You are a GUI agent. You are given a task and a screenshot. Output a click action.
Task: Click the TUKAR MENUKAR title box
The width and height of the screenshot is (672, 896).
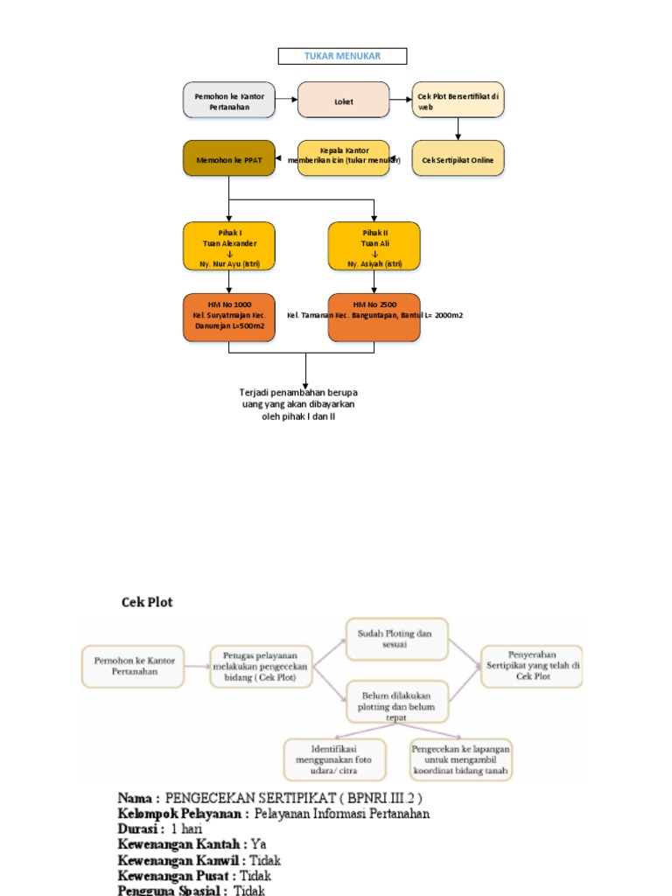point(342,57)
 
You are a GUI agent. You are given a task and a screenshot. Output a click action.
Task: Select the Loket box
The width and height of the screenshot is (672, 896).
point(343,100)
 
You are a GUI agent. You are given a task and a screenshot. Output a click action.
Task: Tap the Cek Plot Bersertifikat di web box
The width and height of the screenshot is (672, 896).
point(458,100)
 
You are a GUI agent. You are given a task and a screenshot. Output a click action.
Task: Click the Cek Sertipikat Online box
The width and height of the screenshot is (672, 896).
point(458,158)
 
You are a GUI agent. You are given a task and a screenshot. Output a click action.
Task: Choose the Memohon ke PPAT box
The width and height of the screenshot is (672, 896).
point(228,158)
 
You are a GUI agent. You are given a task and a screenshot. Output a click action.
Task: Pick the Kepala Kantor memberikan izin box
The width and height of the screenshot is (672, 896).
point(343,158)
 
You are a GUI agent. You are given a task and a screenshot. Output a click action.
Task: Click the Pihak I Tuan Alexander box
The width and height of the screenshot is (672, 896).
point(228,246)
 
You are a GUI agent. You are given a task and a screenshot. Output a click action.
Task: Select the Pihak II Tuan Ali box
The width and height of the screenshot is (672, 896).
point(374,246)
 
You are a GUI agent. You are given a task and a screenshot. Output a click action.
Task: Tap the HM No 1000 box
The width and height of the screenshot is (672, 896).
point(228,316)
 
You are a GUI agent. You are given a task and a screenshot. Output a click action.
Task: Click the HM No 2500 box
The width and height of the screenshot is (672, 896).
point(374,316)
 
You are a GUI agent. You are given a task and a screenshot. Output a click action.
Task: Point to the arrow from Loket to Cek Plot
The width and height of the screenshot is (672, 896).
point(401,100)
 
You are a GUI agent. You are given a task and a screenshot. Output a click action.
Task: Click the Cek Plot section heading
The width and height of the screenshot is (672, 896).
point(146,602)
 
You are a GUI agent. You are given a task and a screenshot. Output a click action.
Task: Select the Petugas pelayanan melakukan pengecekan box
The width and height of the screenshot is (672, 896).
point(261,666)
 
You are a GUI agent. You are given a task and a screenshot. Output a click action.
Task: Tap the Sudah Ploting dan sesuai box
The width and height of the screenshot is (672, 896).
point(396,639)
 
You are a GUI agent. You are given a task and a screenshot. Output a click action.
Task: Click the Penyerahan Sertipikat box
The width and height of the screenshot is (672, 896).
point(531,665)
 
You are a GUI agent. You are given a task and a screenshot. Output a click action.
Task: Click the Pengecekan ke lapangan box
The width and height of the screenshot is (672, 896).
point(460,759)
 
